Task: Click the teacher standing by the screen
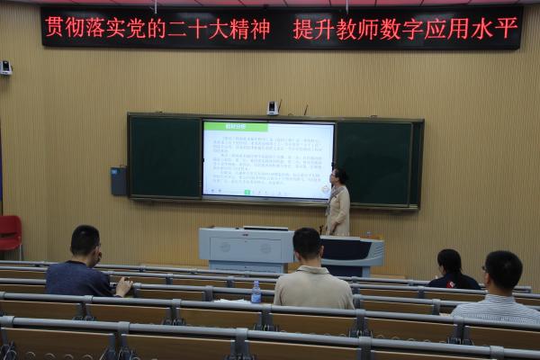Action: point(338,202)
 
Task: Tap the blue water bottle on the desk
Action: point(256,292)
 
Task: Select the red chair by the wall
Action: point(10,232)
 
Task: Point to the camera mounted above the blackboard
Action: point(273,108)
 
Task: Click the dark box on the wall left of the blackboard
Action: point(119,181)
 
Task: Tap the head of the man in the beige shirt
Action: point(307,243)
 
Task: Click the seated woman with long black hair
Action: point(451,269)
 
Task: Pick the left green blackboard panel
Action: point(165,157)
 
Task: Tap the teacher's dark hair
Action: point(340,175)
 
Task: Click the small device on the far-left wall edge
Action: point(5,67)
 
